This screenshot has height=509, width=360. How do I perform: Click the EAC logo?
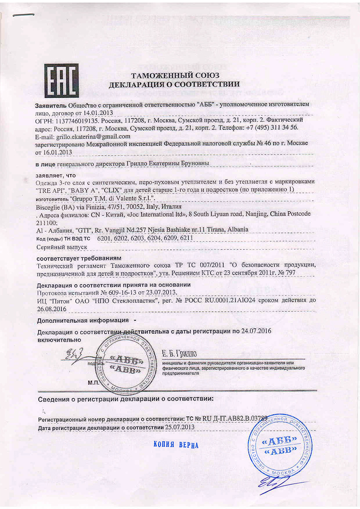coord(61,80)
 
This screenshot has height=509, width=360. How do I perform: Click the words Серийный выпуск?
coord(62,246)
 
